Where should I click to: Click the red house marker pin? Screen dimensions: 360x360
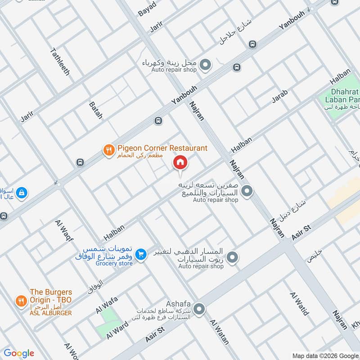[180, 162]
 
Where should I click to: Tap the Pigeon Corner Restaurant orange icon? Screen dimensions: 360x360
[108, 150]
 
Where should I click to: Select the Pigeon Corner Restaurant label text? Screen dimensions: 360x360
[162, 148]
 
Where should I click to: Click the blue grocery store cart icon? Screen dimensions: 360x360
[141, 255]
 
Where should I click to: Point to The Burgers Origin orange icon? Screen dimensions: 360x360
[21, 300]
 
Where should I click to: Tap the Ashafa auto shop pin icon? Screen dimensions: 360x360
[199, 309]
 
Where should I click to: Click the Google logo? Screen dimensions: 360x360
[18, 353]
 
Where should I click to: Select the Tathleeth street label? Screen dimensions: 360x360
[60, 61]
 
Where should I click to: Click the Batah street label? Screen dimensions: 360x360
[96, 110]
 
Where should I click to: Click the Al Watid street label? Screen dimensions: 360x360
[299, 304]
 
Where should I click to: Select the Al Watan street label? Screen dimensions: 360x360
[220, 332]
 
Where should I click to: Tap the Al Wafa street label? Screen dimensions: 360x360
[106, 304]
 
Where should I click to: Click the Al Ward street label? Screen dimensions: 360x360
[115, 331]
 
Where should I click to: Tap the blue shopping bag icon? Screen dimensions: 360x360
[21, 193]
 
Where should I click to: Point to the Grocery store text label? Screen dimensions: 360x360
[114, 263]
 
